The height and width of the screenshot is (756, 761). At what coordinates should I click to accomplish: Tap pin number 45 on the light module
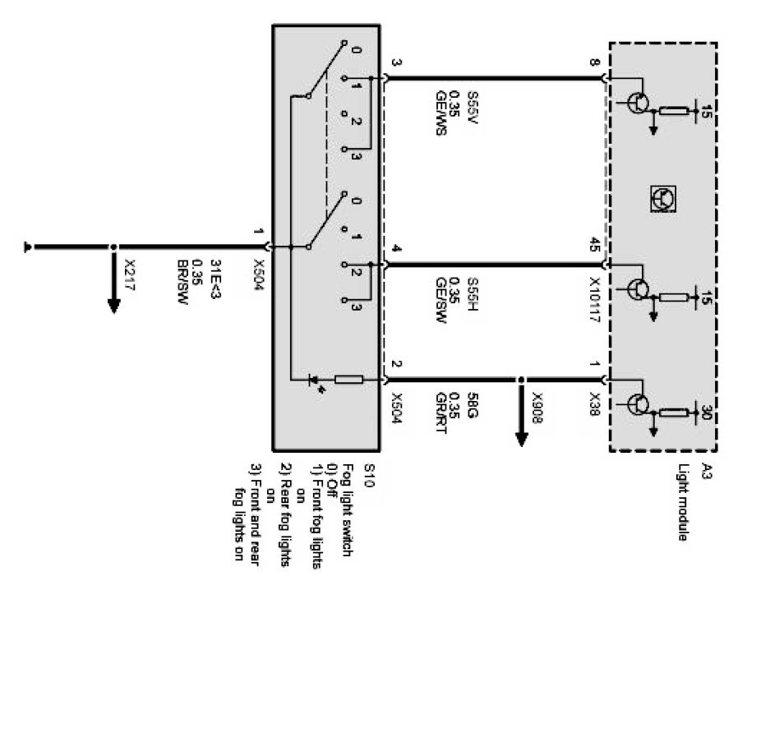[x=594, y=244]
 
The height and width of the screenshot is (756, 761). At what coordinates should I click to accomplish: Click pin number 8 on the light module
[x=594, y=62]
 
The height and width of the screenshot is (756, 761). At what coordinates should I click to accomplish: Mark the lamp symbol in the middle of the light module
[x=662, y=197]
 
